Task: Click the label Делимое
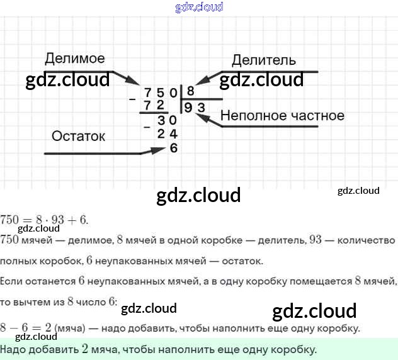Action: point(74,59)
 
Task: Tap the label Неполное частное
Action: point(282,115)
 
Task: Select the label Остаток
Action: point(78,136)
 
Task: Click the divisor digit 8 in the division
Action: point(190,91)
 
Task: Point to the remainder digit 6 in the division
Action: point(174,149)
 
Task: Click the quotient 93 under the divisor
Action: point(195,108)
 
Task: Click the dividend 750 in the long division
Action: point(160,92)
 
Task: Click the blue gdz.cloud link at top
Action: point(198,8)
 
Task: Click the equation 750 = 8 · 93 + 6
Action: point(45,220)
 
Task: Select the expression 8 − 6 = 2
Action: point(26,328)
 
